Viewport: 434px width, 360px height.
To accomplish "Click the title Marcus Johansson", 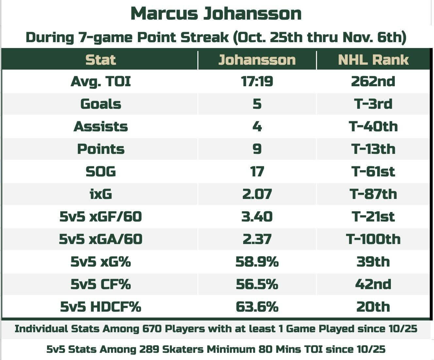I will [x=216, y=14].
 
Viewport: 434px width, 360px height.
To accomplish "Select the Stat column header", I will [x=101, y=60].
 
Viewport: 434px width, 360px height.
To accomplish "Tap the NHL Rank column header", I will [x=373, y=60].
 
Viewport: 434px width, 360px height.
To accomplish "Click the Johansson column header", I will [x=257, y=60].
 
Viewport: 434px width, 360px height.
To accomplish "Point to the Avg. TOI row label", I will [x=101, y=81].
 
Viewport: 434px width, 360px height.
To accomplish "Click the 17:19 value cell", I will [x=257, y=81].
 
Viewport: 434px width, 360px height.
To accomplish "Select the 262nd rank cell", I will [x=373, y=81].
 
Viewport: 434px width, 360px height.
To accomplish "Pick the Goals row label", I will [x=101, y=104].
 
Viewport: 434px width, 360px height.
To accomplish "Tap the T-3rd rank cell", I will [x=373, y=104].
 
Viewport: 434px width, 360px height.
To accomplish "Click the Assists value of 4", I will [x=257, y=126].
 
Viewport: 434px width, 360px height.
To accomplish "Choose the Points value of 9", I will [x=257, y=149].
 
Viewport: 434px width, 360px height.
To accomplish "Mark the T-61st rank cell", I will [x=373, y=172].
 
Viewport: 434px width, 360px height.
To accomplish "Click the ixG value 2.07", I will [x=257, y=194].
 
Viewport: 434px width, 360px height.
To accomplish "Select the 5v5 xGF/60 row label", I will [x=101, y=217].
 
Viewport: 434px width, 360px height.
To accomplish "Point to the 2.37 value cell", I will [x=257, y=239].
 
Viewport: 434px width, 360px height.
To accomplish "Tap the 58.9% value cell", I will [x=257, y=262].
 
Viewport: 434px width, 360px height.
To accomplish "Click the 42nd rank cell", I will [x=373, y=284].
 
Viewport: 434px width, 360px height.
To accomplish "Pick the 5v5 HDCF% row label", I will [x=101, y=307].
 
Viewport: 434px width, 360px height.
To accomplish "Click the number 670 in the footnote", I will [x=152, y=329].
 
